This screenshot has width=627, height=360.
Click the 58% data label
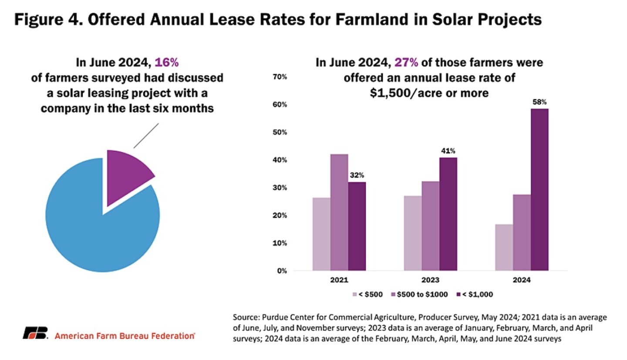[539, 102]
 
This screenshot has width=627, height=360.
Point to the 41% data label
[448, 151]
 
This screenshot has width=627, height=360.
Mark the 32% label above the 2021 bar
[357, 175]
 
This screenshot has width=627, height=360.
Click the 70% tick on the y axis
[279, 77]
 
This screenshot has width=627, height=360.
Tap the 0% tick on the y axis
[281, 271]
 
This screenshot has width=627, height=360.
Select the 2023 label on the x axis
[430, 280]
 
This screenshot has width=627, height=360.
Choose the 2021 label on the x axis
[339, 280]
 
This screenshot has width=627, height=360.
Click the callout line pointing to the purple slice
[146, 135]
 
